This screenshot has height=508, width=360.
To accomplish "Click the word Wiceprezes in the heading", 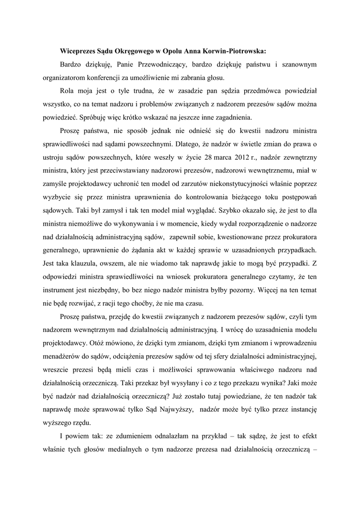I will point(79,51).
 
